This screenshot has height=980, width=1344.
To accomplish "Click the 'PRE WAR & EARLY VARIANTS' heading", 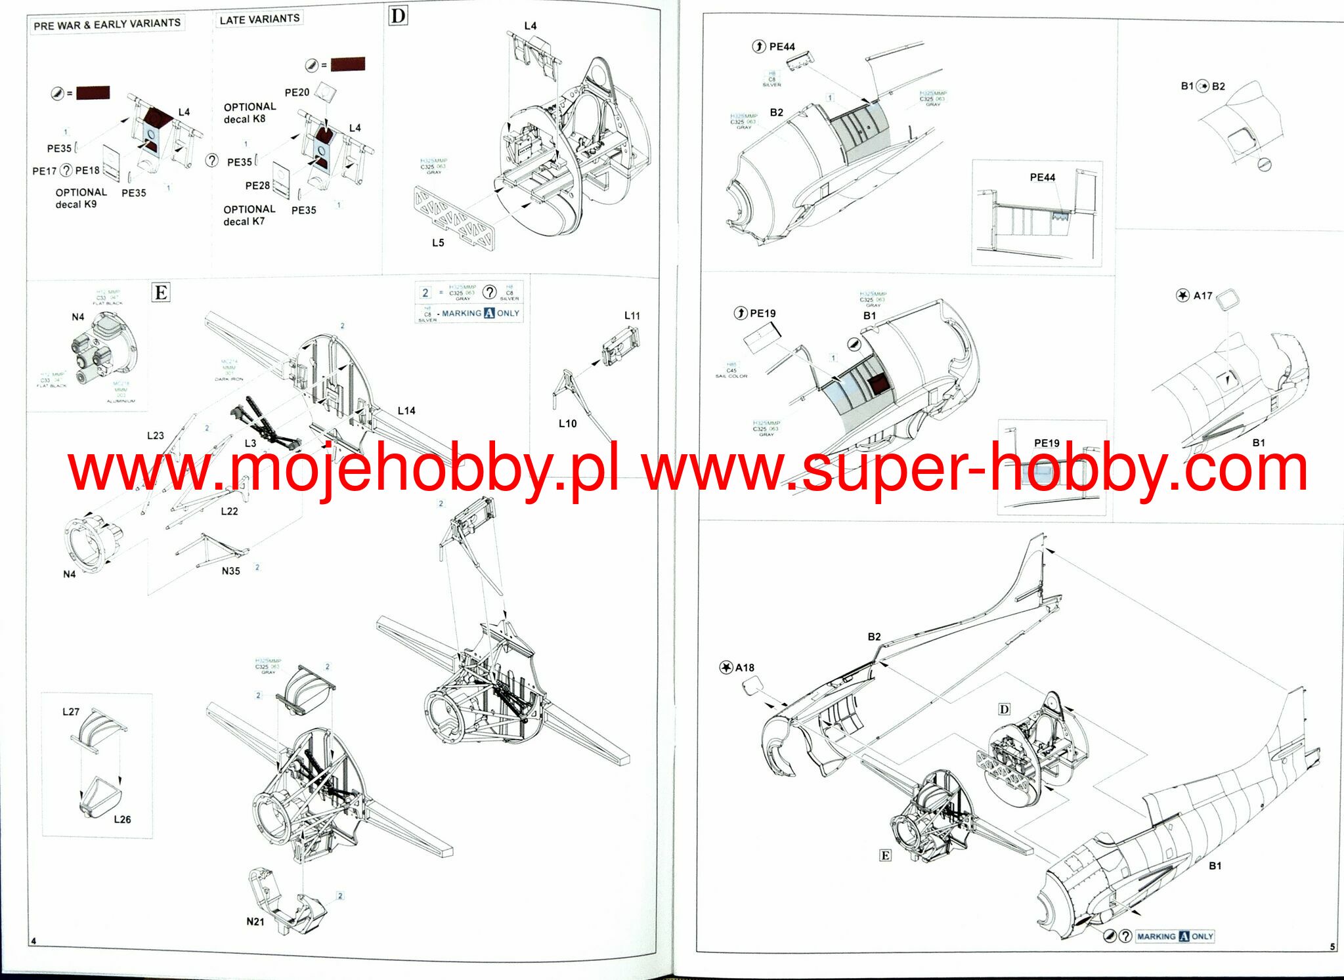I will [107, 24].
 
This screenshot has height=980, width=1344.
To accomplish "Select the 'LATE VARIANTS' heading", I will [259, 19].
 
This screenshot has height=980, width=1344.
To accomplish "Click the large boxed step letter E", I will [161, 292].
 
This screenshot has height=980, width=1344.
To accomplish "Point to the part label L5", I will [438, 243].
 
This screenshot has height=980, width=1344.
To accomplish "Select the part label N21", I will [255, 922].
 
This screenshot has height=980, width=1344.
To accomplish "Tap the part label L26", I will [122, 819].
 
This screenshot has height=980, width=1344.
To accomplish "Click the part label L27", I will [71, 712].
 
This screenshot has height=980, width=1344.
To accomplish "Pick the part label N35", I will [230, 571].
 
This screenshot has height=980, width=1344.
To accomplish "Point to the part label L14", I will [406, 411].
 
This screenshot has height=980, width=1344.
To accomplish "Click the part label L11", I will [632, 316].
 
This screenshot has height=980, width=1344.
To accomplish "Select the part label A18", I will [745, 668].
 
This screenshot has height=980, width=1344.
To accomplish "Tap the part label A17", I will [1202, 296].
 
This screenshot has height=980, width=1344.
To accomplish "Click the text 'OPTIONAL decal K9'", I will [80, 198].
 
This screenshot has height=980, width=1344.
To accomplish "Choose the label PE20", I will [297, 93].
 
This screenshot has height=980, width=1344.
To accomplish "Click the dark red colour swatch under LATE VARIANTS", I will [347, 64].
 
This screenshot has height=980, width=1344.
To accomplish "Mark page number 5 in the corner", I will [1332, 947].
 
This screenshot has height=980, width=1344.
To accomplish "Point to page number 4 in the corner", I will [33, 941].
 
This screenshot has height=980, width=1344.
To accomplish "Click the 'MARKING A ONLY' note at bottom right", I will [1175, 937].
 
